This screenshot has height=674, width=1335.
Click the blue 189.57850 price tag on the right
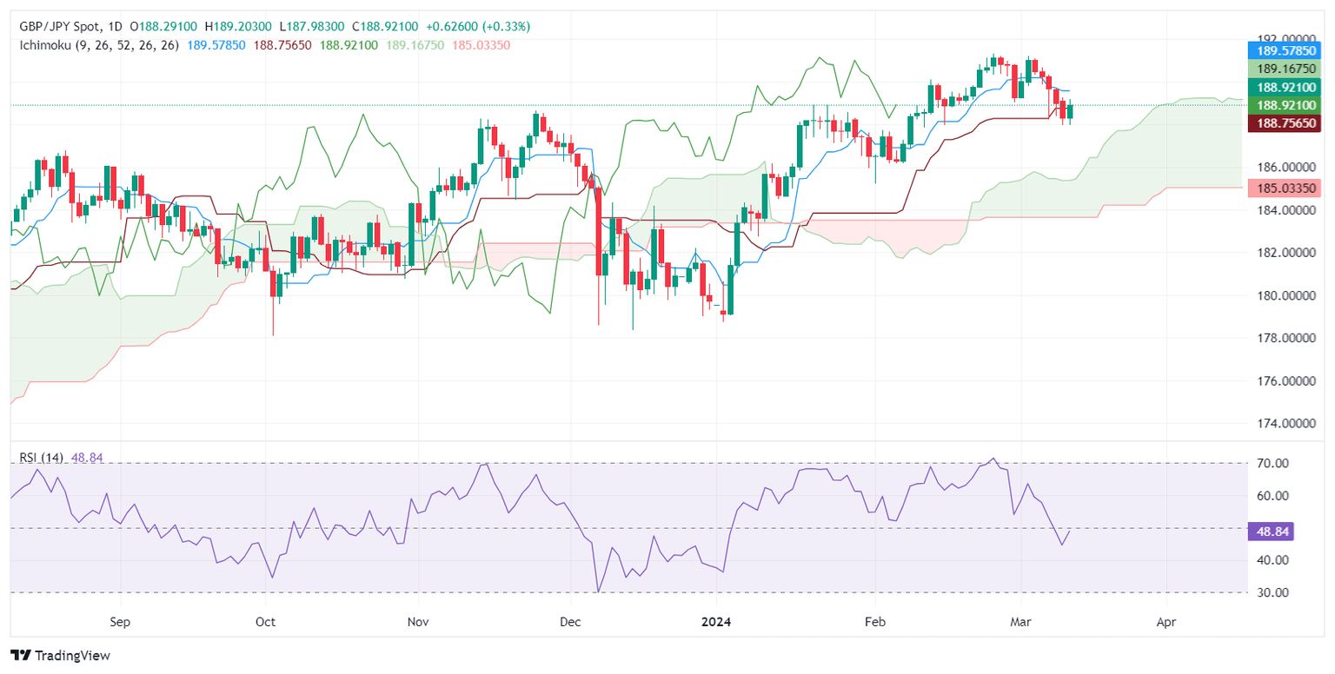click(1284, 52)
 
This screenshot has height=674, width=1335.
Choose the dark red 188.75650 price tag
click(1284, 123)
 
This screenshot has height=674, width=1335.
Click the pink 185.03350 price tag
click(1284, 188)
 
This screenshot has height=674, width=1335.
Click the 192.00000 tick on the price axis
click(1284, 38)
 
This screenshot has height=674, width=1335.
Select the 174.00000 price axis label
click(1284, 424)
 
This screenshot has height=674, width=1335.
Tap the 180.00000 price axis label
click(1284, 295)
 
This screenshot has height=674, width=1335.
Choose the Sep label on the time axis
click(120, 622)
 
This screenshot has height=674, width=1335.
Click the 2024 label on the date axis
click(717, 622)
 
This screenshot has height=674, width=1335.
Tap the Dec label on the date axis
click(570, 622)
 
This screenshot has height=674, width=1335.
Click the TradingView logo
click(61, 656)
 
